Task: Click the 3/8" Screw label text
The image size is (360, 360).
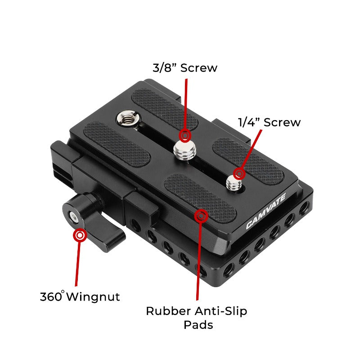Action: click(x=184, y=68)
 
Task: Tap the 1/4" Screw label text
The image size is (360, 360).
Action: click(x=269, y=122)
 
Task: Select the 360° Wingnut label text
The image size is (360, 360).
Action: click(x=80, y=297)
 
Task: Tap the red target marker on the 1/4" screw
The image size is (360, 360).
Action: click(x=239, y=173)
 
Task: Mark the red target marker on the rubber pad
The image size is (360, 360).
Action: click(x=201, y=216)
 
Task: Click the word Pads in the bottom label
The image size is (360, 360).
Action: click(x=198, y=324)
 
